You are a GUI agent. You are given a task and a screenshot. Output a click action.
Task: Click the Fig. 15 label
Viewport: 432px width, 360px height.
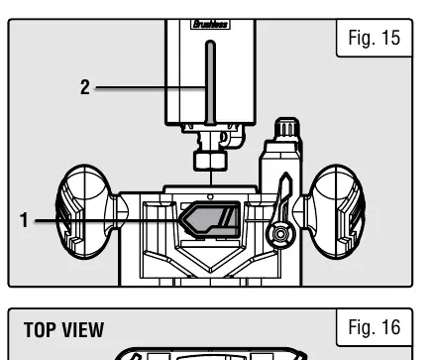click(x=375, y=38)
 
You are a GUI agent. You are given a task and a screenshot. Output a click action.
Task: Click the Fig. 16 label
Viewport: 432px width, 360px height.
click(x=375, y=327)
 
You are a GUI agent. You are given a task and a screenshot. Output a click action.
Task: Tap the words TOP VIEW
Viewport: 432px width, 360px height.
click(x=63, y=330)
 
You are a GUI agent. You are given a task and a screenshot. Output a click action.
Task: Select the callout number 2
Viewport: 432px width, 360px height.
click(x=85, y=87)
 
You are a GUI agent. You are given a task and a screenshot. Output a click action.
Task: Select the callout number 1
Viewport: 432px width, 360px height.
click(x=24, y=220)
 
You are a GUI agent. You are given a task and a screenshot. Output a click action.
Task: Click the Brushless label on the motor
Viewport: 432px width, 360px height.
click(x=210, y=24)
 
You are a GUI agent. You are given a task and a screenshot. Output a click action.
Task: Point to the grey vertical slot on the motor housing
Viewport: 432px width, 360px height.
click(x=210, y=82)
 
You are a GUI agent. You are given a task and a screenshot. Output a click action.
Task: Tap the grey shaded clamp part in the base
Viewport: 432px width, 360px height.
click(x=210, y=219)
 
